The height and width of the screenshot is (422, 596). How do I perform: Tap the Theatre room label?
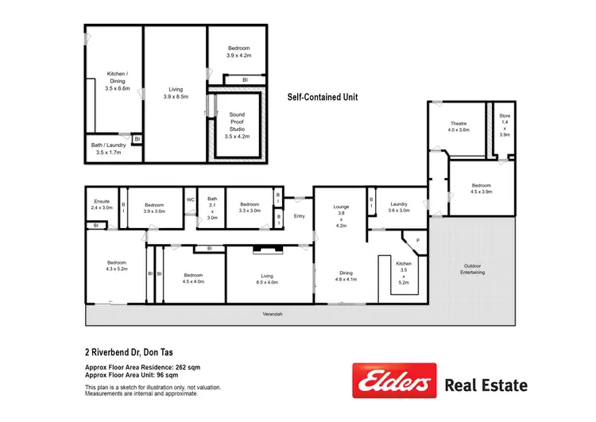459,126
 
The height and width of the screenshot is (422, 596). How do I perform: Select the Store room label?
505,126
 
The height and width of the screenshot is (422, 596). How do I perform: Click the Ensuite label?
102,204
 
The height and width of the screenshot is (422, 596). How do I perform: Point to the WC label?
191,199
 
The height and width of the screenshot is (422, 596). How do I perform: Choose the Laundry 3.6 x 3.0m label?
398,207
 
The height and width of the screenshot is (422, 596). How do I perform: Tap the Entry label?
300,216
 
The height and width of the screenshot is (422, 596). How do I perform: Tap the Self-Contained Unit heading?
323,97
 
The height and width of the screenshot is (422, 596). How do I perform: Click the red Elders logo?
394,381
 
